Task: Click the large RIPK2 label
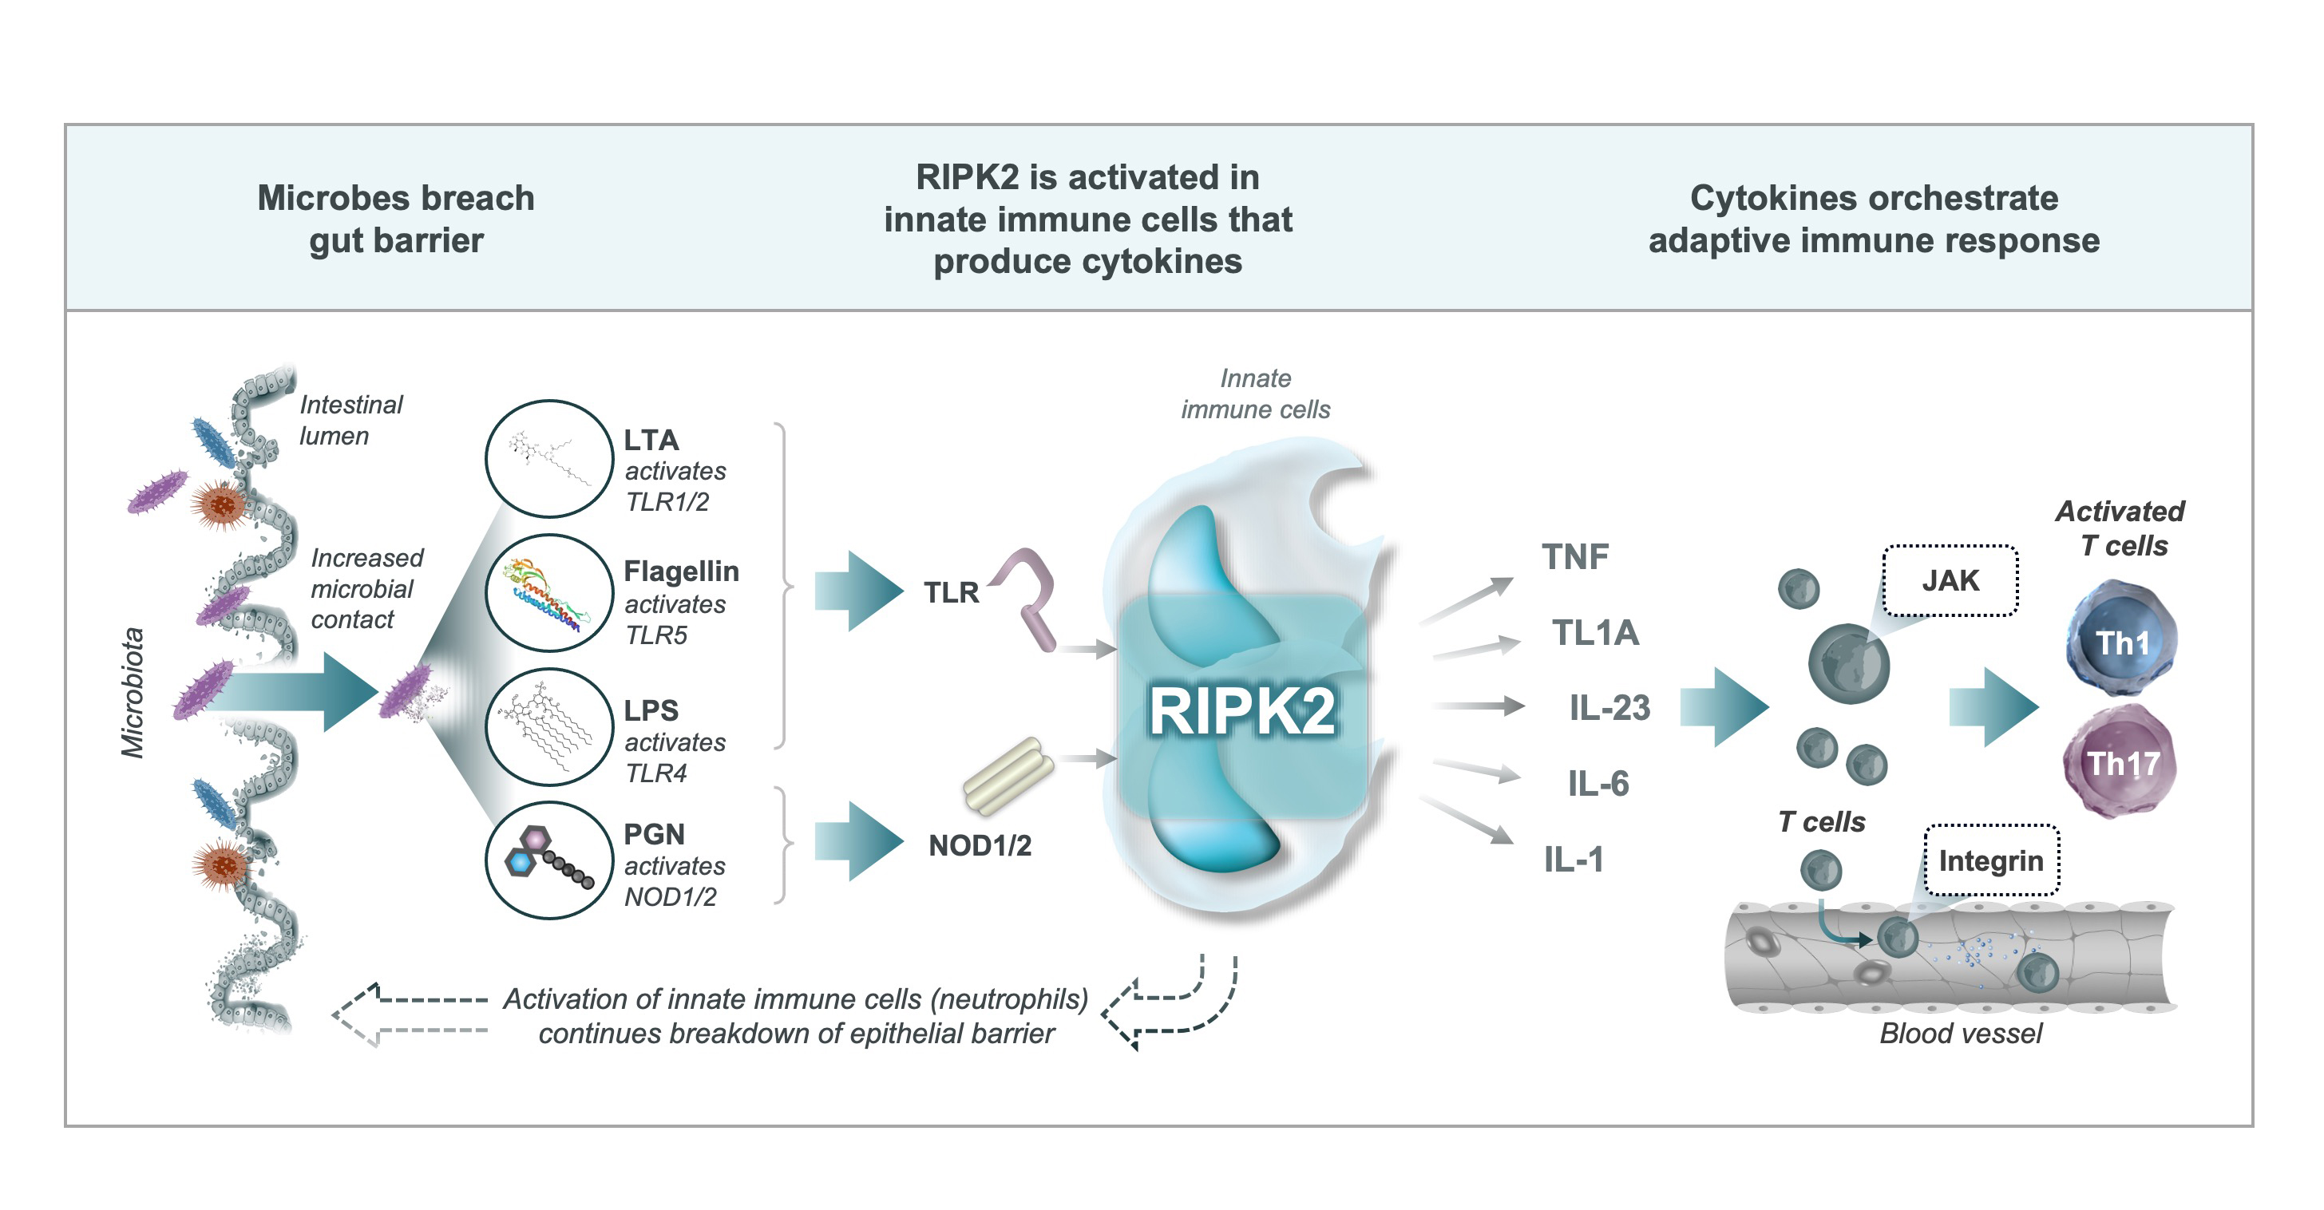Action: [x=1241, y=710]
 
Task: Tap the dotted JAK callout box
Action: [x=1950, y=580]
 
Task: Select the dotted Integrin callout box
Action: [x=1991, y=860]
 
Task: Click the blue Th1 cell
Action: [x=2122, y=640]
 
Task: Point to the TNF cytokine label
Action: [x=1575, y=557]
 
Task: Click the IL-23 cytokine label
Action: [x=1609, y=708]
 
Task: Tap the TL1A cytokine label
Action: [x=1595, y=633]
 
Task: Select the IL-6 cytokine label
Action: [x=1598, y=784]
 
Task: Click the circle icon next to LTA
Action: [x=549, y=459]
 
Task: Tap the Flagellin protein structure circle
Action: [x=549, y=593]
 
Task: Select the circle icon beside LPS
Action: [x=549, y=727]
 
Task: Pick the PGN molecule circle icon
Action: [x=549, y=860]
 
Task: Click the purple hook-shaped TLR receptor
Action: [x=1031, y=596]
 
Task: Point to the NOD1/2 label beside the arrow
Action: [x=980, y=846]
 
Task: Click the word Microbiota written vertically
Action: [x=133, y=693]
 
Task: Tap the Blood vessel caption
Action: [x=1961, y=1034]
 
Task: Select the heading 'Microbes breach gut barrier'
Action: [x=396, y=219]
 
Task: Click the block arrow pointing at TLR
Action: [x=858, y=591]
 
